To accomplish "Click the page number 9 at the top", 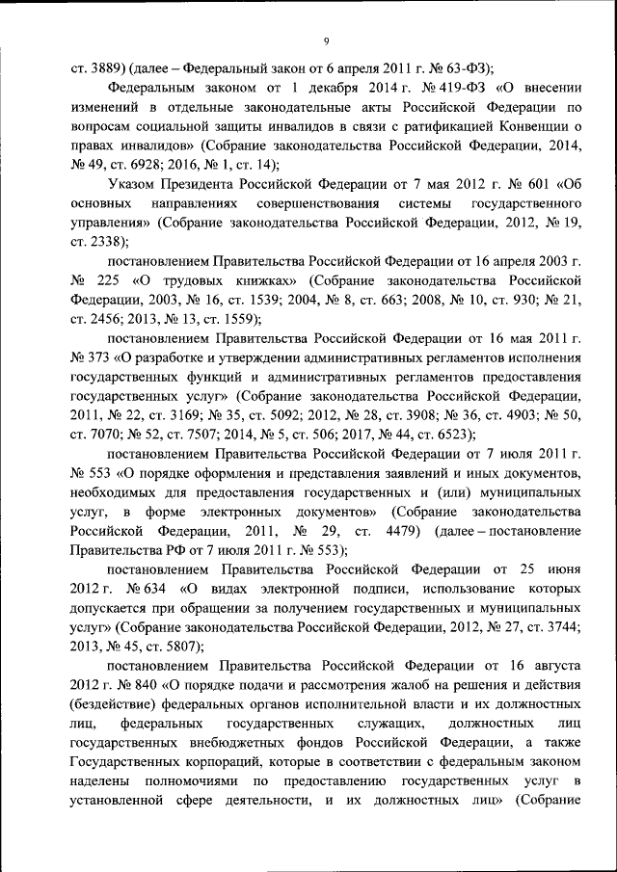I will pyautogui.click(x=327, y=40).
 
